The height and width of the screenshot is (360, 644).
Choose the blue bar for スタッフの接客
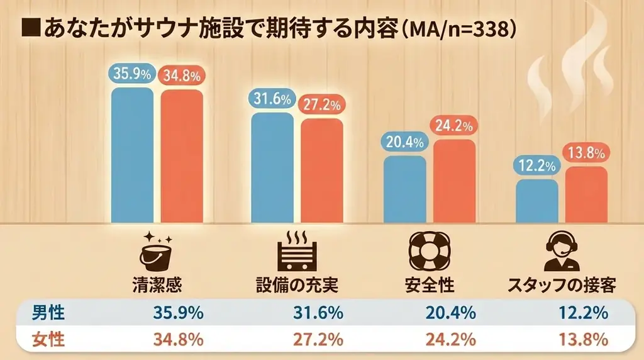coord(536,201)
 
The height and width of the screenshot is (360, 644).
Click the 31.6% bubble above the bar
coord(272,99)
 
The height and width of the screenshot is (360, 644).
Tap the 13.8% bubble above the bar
coord(587,153)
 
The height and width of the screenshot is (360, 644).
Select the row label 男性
coord(48,313)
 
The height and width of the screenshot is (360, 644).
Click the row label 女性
coord(48,340)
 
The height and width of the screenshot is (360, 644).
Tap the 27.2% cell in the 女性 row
coord(318,340)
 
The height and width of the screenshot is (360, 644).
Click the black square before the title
coord(28,28)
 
